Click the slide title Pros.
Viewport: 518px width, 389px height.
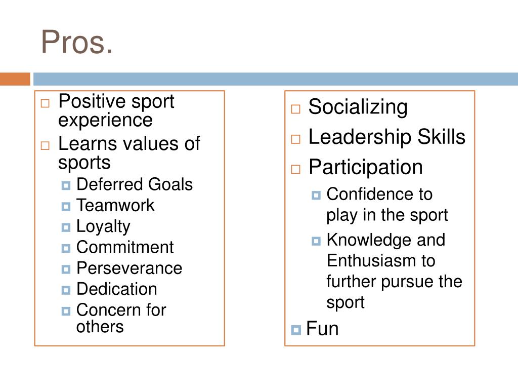pyautogui.click(x=77, y=43)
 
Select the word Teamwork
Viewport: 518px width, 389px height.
pyautogui.click(x=115, y=206)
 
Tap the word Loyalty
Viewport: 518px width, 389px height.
pyautogui.click(x=103, y=226)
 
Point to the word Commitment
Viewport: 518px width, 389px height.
pyautogui.click(x=124, y=247)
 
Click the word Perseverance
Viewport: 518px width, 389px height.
pyautogui.click(x=129, y=268)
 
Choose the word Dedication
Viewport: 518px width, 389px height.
pyautogui.click(x=116, y=289)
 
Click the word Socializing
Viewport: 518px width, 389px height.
pyautogui.click(x=358, y=107)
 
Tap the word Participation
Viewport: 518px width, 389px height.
pyautogui.click(x=365, y=167)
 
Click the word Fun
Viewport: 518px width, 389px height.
pyautogui.click(x=322, y=329)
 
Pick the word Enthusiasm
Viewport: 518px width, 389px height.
pyautogui.click(x=373, y=261)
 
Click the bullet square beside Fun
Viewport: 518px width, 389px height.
pyautogui.click(x=296, y=330)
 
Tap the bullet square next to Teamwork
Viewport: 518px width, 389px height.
pyautogui.click(x=66, y=207)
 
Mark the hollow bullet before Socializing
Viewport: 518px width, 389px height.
pyautogui.click(x=296, y=109)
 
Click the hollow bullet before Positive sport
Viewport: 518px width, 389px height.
pyautogui.click(x=46, y=103)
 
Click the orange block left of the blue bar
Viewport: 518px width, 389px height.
pyautogui.click(x=15, y=80)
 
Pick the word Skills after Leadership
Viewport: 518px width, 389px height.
pyautogui.click(x=442, y=137)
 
